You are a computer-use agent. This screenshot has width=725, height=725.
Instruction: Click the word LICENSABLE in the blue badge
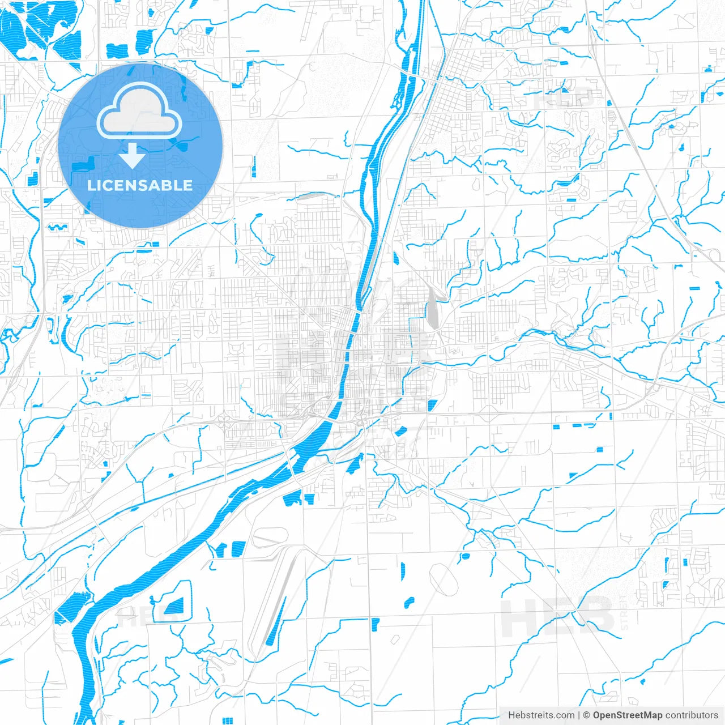click(x=140, y=185)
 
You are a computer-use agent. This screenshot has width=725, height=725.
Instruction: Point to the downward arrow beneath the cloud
click(x=133, y=156)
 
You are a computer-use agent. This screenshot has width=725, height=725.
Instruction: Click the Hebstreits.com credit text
click(x=541, y=715)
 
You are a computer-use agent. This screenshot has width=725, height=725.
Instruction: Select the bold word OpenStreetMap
click(x=627, y=715)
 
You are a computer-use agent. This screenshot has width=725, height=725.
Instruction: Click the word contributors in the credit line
click(x=692, y=715)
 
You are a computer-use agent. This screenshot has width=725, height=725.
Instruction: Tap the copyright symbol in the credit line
click(x=587, y=715)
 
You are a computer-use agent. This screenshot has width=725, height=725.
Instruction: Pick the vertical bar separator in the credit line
click(x=579, y=715)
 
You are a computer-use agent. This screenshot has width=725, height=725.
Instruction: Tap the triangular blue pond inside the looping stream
click(x=174, y=607)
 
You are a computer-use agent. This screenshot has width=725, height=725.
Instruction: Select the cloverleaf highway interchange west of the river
click(x=224, y=422)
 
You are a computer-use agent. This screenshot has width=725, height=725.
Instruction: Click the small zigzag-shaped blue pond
click(x=56, y=228)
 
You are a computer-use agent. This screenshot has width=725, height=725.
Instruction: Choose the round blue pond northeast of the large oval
click(x=464, y=556)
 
